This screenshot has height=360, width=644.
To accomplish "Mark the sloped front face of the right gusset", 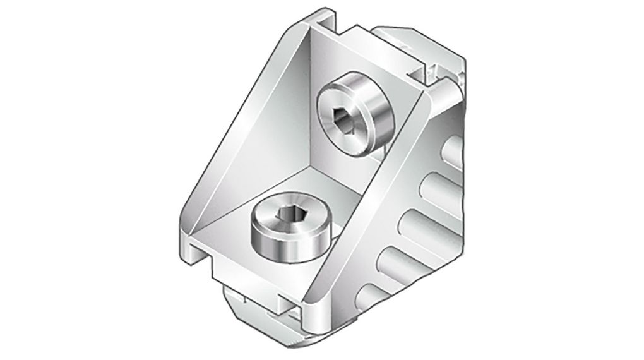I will coord(366,208).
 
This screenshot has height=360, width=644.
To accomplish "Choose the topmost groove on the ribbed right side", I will coord(455,152).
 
